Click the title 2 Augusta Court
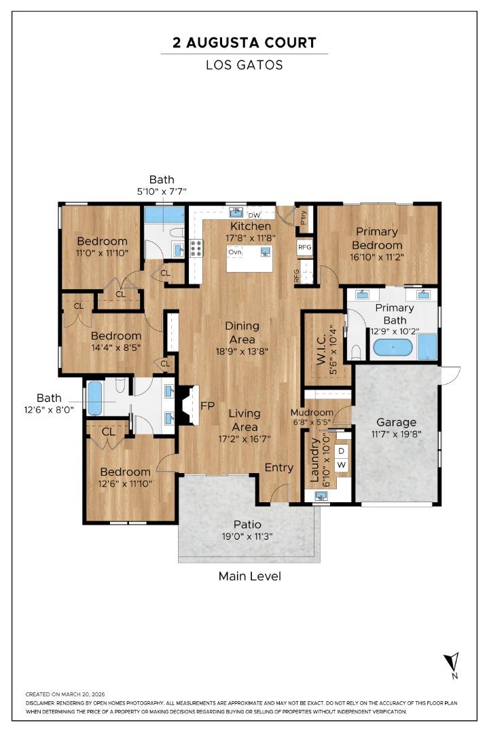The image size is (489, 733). [244, 43]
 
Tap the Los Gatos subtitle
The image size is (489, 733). [244, 65]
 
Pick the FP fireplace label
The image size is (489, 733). [208, 406]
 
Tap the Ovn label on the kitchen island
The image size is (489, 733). [235, 252]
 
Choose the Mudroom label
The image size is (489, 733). [312, 413]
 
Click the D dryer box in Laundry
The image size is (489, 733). [342, 451]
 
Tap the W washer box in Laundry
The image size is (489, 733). [342, 465]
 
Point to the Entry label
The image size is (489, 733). [278, 468]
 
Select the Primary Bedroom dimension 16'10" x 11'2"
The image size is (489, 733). [378, 257]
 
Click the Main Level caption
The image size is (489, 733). [249, 576]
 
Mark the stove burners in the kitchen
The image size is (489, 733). [196, 248]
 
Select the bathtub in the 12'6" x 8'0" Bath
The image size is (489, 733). [94, 398]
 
